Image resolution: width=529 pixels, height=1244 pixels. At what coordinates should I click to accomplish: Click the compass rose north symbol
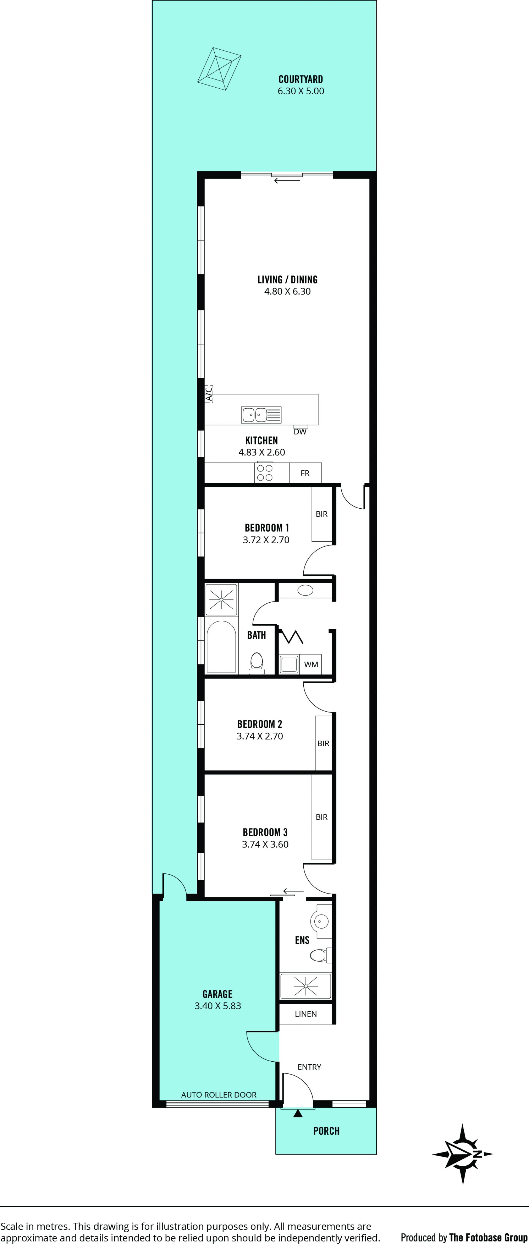click(x=462, y=1154)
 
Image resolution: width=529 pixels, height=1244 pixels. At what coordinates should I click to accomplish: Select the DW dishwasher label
click(x=300, y=432)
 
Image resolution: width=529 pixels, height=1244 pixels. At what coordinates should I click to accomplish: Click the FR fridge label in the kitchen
click(x=305, y=473)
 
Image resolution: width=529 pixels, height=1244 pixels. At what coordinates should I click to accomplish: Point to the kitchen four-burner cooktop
click(x=265, y=473)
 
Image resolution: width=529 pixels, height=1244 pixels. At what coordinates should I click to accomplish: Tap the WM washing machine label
click(x=311, y=665)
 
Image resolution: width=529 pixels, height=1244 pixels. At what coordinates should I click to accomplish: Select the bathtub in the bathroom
click(x=221, y=646)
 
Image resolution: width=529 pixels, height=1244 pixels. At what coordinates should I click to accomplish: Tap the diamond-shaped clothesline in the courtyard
click(x=219, y=69)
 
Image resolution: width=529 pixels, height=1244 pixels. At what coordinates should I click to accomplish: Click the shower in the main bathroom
click(x=221, y=599)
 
